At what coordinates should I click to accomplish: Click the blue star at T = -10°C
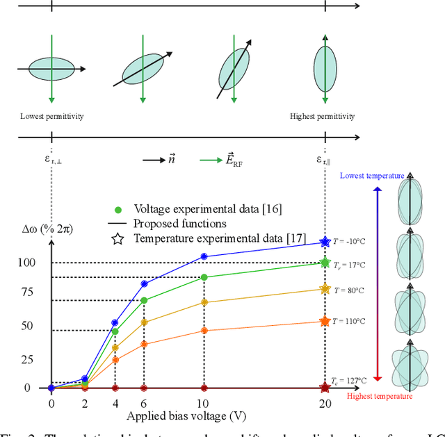coord(324,242)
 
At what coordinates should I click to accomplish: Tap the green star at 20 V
coord(324,263)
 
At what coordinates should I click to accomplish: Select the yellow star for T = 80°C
coord(324,289)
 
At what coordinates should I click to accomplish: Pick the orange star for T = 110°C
coord(324,321)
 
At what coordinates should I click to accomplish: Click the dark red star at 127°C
coord(324,388)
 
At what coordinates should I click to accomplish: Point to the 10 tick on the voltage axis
coord(203,404)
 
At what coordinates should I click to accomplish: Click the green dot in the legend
coord(118,209)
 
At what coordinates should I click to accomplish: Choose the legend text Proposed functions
coord(180,224)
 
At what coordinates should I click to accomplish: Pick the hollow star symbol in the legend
coord(118,239)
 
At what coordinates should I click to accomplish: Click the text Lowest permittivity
coord(52,116)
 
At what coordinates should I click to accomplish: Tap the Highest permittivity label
coord(322,116)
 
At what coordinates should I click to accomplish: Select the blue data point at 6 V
coord(144,283)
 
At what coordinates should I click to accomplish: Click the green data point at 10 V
coord(203,277)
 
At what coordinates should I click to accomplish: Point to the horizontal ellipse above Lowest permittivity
coord(52,69)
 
